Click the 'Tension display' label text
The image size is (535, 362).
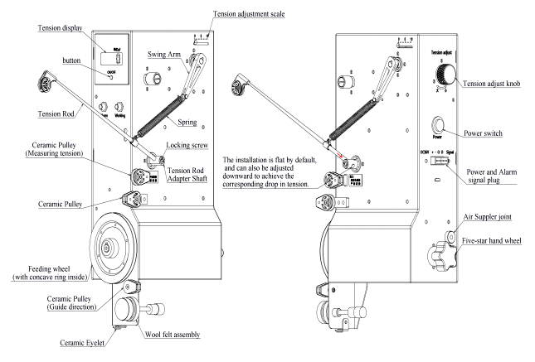click(x=60, y=28)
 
